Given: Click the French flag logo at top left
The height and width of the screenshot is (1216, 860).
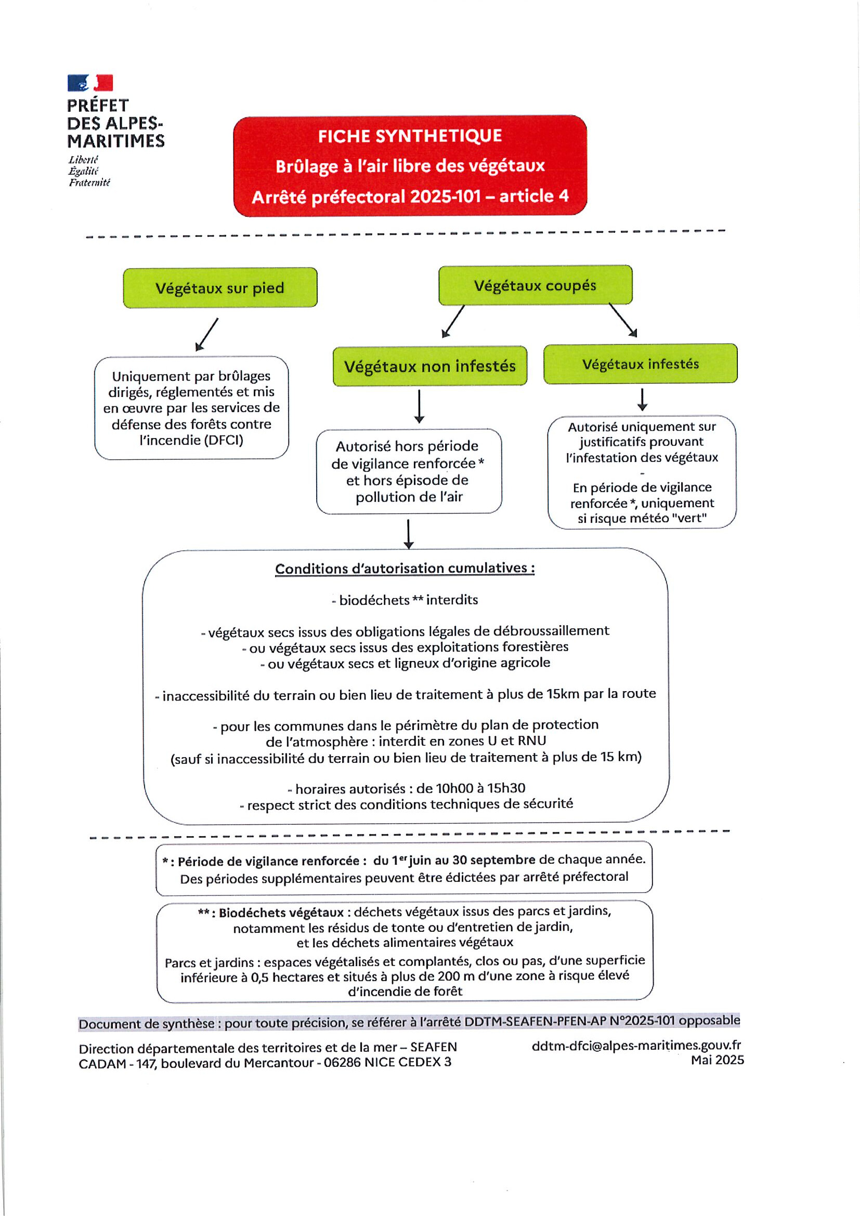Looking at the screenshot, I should tap(90, 83).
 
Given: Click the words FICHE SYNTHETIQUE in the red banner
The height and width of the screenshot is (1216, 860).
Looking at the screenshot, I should tap(410, 136).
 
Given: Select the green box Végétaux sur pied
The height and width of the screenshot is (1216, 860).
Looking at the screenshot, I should tap(220, 287).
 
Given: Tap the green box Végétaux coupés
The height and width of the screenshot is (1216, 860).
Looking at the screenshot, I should tap(535, 285).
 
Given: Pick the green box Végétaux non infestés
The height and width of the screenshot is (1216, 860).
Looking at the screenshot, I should tap(429, 366).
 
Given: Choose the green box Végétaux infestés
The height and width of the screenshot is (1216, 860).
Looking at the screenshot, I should tap(640, 364).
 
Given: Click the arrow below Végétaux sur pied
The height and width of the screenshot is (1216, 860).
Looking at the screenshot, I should tap(206, 334).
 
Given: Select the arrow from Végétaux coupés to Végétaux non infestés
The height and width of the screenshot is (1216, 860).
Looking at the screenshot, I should tap(453, 322).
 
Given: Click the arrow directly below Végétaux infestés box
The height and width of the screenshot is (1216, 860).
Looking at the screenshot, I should tap(642, 400).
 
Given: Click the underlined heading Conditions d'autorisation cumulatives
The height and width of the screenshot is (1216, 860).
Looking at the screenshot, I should tap(405, 569).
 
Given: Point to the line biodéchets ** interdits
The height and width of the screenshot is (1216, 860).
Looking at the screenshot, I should tap(406, 600).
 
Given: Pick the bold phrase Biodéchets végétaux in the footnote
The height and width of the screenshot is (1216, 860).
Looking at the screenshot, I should tap(281, 913).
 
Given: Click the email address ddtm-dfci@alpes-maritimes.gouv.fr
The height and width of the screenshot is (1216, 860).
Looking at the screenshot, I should tap(636, 1045).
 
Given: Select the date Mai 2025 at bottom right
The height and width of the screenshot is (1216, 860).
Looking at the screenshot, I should tap(717, 1060).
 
